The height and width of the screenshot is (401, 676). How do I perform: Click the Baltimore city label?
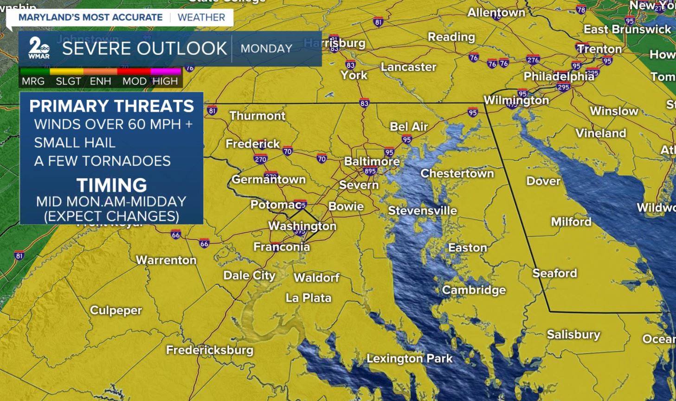pyautogui.click(x=372, y=161)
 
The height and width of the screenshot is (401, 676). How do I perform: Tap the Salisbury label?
pyautogui.click(x=573, y=335)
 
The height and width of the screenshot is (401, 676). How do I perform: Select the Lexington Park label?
pyautogui.click(x=409, y=358)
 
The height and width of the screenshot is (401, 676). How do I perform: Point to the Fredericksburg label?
pyautogui.click(x=210, y=350)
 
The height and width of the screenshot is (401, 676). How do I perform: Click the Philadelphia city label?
pyautogui.click(x=559, y=76)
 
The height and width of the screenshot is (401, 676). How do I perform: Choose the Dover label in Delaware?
pyautogui.click(x=543, y=181)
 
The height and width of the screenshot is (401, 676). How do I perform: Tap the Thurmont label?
pyautogui.click(x=257, y=116)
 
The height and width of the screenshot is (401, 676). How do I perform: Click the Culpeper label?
pyautogui.click(x=116, y=310)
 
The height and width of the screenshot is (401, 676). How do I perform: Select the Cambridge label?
pyautogui.click(x=474, y=290)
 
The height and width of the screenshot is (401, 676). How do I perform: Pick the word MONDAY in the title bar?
pyautogui.click(x=266, y=48)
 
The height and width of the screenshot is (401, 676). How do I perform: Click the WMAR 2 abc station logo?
pyautogui.click(x=39, y=48)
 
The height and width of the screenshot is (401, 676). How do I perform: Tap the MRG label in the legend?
pyautogui.click(x=33, y=81)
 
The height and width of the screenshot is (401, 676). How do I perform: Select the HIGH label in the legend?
pyautogui.click(x=165, y=81)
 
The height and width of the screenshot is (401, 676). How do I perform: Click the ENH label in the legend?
pyautogui.click(x=100, y=81)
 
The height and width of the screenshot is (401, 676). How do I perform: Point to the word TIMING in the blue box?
pyautogui.click(x=112, y=185)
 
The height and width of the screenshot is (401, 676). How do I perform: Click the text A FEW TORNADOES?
pyautogui.click(x=103, y=161)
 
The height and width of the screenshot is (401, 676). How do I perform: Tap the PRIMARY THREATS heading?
pyautogui.click(x=112, y=106)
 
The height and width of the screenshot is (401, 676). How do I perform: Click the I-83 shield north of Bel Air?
pyautogui.click(x=364, y=103)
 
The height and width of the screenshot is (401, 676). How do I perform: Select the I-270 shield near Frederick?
pyautogui.click(x=260, y=159)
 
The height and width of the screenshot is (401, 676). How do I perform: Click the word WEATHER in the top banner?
pyautogui.click(x=201, y=18)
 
